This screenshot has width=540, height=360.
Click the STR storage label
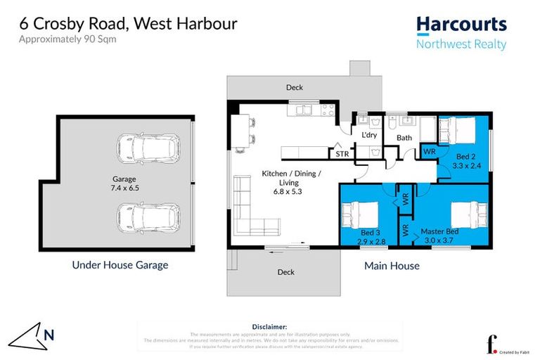342,153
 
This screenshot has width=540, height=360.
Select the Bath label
404,138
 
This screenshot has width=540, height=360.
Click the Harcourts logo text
461,25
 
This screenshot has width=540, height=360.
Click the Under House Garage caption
120,265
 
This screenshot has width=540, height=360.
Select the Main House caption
392,266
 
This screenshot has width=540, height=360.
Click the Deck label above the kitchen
294,88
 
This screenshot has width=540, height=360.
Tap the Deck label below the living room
285,271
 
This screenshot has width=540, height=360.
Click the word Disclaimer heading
269,327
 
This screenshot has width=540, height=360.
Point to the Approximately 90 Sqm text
67,39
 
